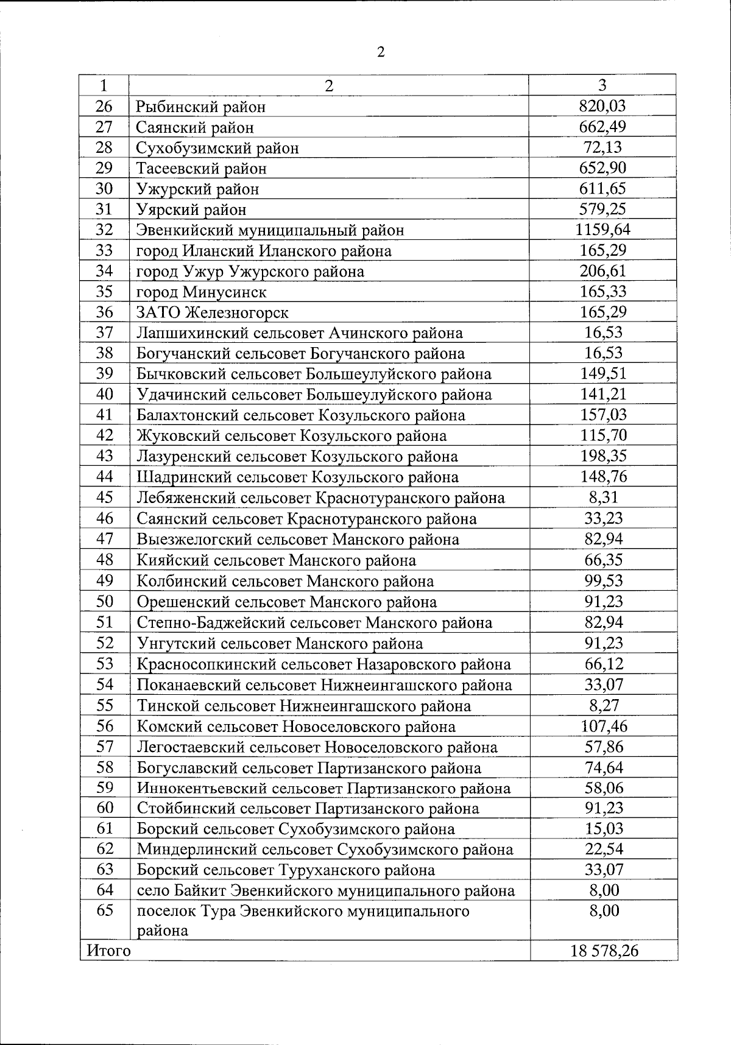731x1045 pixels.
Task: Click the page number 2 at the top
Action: pos(381,52)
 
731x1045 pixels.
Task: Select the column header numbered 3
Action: pos(602,85)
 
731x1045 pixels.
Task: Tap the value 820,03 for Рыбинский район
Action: pos(602,107)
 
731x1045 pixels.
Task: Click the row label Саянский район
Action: pos(195,127)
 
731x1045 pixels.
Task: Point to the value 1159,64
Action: pos(602,230)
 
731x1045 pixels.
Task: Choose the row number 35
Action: pos(105,292)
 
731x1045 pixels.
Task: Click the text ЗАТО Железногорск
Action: pos(213,312)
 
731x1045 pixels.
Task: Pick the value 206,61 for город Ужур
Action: pos(602,271)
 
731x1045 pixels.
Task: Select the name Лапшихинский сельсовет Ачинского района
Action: pos(300,333)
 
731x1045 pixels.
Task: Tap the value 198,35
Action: pos(602,456)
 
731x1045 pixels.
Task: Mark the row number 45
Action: pos(105,498)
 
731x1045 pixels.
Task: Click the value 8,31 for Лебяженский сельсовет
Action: pos(602,498)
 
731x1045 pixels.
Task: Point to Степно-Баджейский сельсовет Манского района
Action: pos(314,622)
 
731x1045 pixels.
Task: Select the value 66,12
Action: pos(604,664)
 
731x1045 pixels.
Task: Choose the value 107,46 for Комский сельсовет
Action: pos(604,726)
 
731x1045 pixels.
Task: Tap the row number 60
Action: pos(105,808)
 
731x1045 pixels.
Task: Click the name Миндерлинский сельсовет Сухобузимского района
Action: pos(325,849)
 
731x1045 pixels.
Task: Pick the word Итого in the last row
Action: pos(109,950)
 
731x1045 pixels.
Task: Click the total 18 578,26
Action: pos(604,950)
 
